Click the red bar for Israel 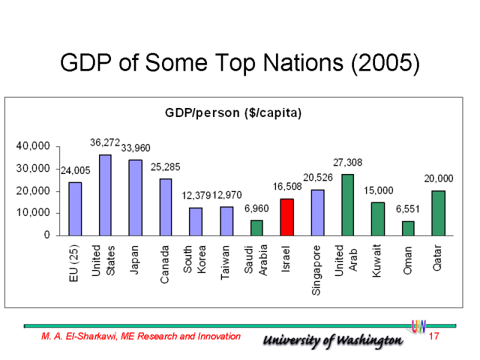287,217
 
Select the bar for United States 105,195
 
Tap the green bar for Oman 408,229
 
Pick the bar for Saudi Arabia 256,228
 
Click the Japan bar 136,197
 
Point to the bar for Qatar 439,213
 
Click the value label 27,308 348,162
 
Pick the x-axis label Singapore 317,269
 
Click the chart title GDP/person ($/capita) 233,113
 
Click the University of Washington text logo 333,340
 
